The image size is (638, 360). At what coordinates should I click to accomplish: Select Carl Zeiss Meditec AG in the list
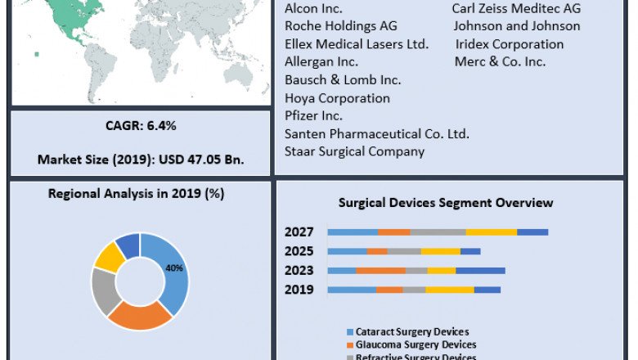coord(516,8)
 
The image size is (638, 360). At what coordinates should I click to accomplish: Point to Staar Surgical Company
coord(354,151)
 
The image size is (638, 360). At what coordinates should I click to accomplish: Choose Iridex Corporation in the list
coord(510,44)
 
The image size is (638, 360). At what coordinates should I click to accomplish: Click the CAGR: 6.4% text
coord(141,125)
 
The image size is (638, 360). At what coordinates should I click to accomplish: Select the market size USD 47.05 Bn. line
coord(141,159)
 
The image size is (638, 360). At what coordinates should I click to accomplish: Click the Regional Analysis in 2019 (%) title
coord(136,194)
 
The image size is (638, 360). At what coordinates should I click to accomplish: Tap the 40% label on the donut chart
coord(174,268)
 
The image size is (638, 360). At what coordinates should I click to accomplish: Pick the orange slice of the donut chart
coord(139,316)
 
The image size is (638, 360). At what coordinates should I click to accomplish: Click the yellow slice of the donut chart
coord(108,257)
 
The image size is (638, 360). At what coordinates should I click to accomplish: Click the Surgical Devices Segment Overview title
coord(446,202)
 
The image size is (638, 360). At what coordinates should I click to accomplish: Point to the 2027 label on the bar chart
coord(299,232)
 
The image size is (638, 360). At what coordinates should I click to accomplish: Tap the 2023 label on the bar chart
coord(299,271)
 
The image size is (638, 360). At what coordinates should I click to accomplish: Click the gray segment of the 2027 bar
coord(438,232)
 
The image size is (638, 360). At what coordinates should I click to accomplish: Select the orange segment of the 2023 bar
coord(380,271)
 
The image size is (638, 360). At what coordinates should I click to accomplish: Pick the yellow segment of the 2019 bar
coord(449,290)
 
